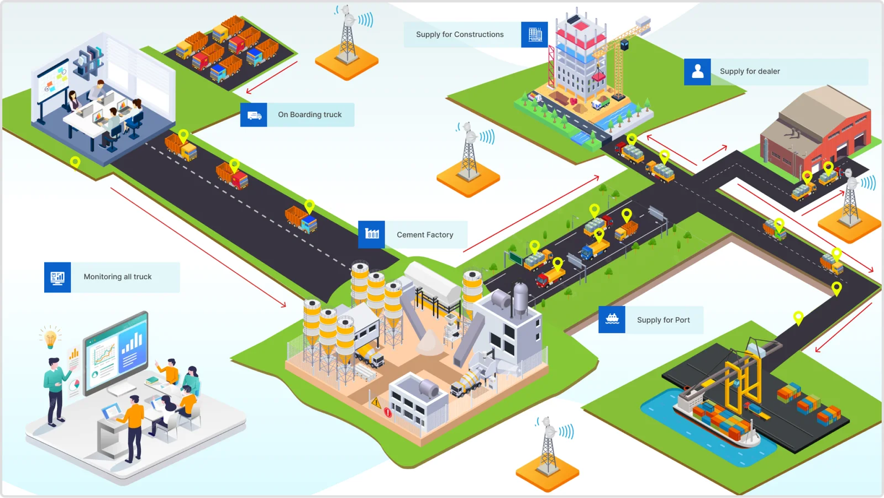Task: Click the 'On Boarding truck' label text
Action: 309,114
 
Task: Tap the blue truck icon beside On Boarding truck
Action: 254,115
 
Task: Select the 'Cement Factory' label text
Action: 424,235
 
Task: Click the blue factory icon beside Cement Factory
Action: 372,234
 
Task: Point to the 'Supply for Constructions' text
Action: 460,34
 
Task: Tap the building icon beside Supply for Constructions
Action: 534,35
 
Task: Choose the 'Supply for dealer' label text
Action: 750,71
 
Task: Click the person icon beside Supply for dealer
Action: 697,72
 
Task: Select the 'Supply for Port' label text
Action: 663,320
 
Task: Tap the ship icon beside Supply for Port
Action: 612,319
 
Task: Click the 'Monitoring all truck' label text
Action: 117,277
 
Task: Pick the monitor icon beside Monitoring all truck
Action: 57,277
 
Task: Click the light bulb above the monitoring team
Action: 50,338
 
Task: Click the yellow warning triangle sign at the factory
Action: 376,402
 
